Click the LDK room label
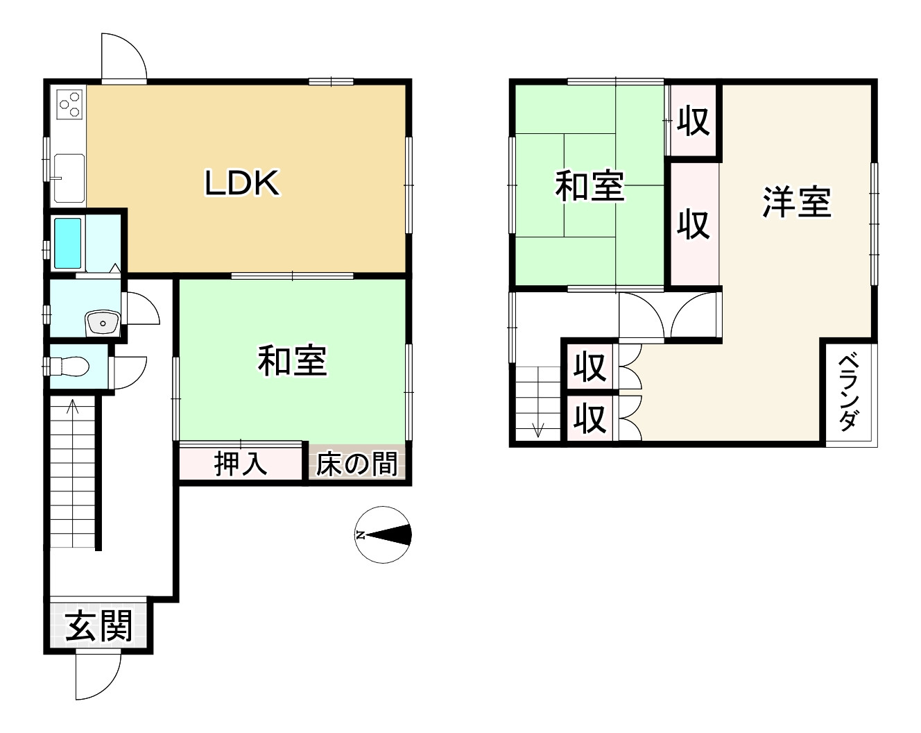pyautogui.click(x=242, y=183)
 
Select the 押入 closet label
pyautogui.click(x=241, y=463)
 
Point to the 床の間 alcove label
pyautogui.click(x=356, y=464)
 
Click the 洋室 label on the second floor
pyautogui.click(x=797, y=202)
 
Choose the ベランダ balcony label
pyautogui.click(x=849, y=393)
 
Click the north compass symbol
pyautogui.click(x=383, y=534)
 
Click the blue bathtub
pyautogui.click(x=68, y=243)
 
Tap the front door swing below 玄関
pyautogui.click(x=98, y=676)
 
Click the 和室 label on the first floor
pyautogui.click(x=292, y=361)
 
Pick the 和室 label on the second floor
pyautogui.click(x=589, y=186)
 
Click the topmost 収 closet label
pyautogui.click(x=693, y=121)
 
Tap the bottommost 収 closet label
pyautogui.click(x=590, y=419)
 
